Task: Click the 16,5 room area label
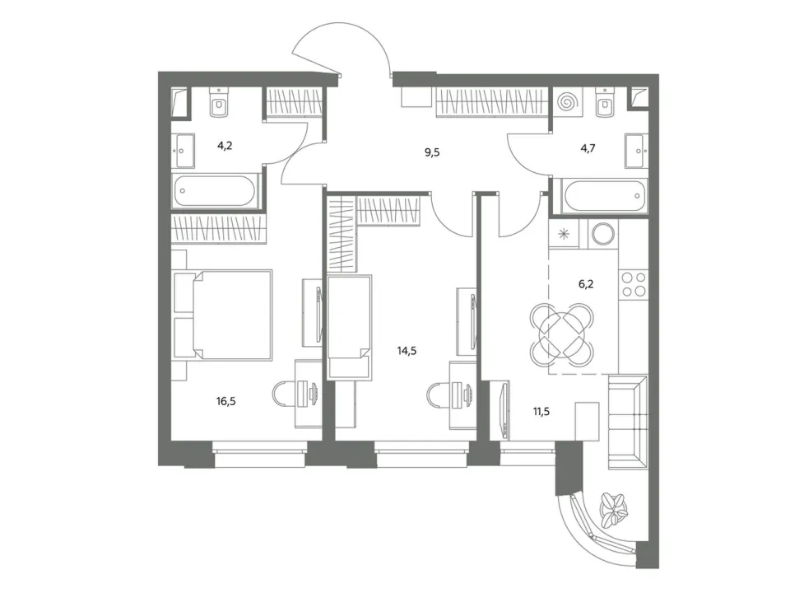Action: [x=225, y=401]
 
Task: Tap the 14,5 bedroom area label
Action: [x=407, y=351]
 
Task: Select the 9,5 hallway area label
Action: [x=432, y=152]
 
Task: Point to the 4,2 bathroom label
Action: [x=225, y=147]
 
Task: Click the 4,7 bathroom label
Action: [x=588, y=148]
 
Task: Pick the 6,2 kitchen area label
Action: [x=586, y=284]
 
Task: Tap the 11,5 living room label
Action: [x=541, y=412]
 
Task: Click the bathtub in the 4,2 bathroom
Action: [x=216, y=190]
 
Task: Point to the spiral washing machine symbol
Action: [x=567, y=103]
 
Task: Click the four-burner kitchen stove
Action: [x=634, y=284]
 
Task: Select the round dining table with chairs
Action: [x=562, y=335]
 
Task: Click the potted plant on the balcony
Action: [x=614, y=509]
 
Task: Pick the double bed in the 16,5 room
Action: [x=232, y=315]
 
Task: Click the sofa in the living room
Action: [x=628, y=423]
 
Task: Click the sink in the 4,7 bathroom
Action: [x=636, y=150]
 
